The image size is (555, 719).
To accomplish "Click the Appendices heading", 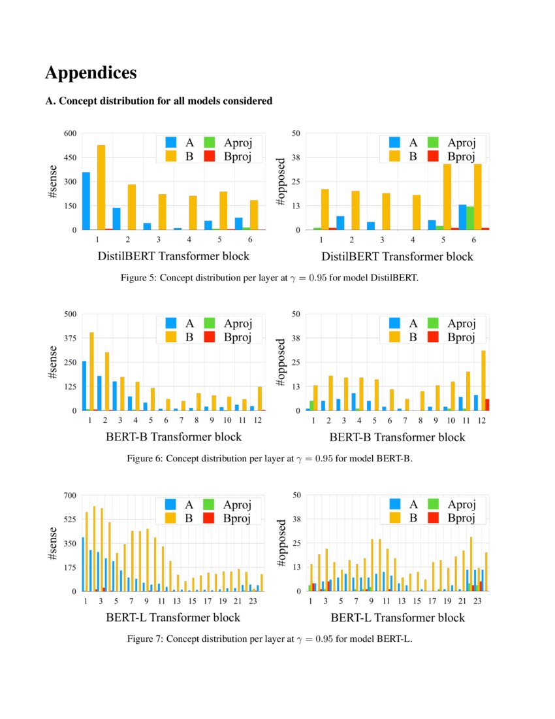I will click(91, 73).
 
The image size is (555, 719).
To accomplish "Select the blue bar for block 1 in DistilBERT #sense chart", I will click(86, 201).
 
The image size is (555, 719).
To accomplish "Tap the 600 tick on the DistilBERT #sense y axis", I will click(70, 133).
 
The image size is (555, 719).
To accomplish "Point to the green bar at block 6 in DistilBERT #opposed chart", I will click(469, 218).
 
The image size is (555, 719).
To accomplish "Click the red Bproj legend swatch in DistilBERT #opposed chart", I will click(434, 156).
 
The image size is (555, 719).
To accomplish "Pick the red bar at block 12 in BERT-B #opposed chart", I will click(487, 405).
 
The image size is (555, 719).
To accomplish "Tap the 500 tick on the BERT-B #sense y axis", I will click(70, 314).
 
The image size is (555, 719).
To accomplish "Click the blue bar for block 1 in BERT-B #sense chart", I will click(84, 386).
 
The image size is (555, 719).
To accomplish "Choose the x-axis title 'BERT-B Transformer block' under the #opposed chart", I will click(397, 437).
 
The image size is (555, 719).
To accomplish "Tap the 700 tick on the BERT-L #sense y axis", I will click(70, 495).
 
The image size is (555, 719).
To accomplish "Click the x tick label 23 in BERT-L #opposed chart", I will click(477, 601).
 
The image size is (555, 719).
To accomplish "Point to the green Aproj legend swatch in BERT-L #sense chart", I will click(208, 504).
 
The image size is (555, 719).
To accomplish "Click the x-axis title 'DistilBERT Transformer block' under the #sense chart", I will click(173, 256).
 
